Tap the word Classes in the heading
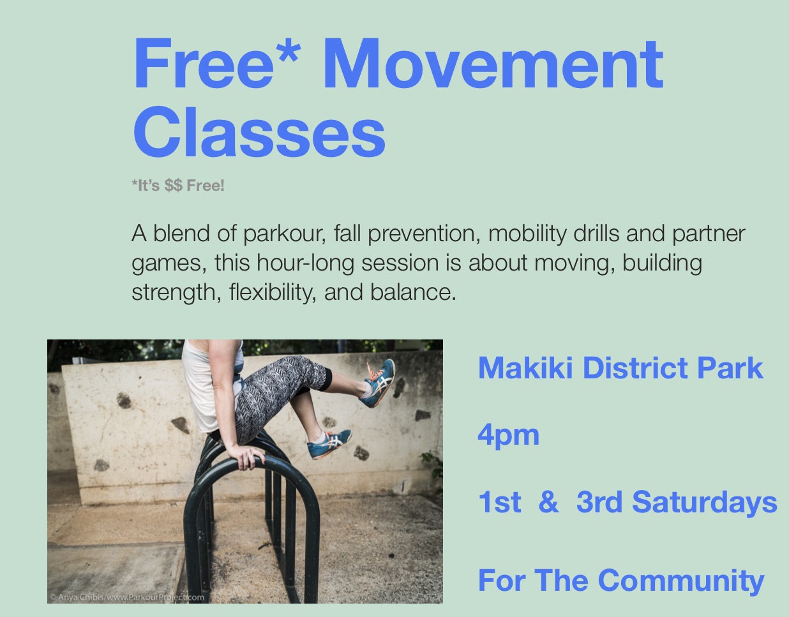click(259, 133)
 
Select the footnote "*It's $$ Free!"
click(178, 186)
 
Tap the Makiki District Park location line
click(620, 368)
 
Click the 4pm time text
click(508, 435)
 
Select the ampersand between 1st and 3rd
click(548, 502)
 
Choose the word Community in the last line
click(681, 581)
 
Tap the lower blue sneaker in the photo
click(329, 444)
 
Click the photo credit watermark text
click(127, 597)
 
